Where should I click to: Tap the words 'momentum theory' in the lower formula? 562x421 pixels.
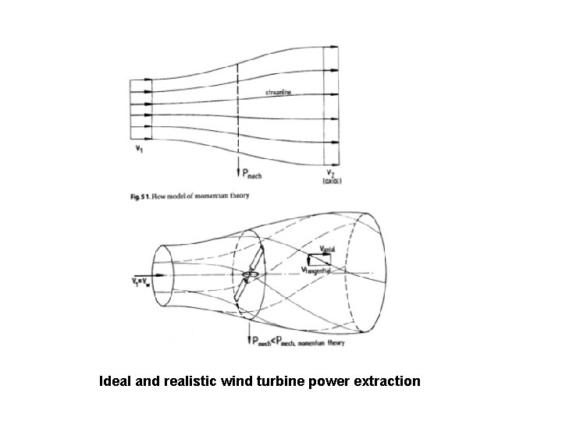coord(336,342)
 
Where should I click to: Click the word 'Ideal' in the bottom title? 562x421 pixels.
coord(114,382)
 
